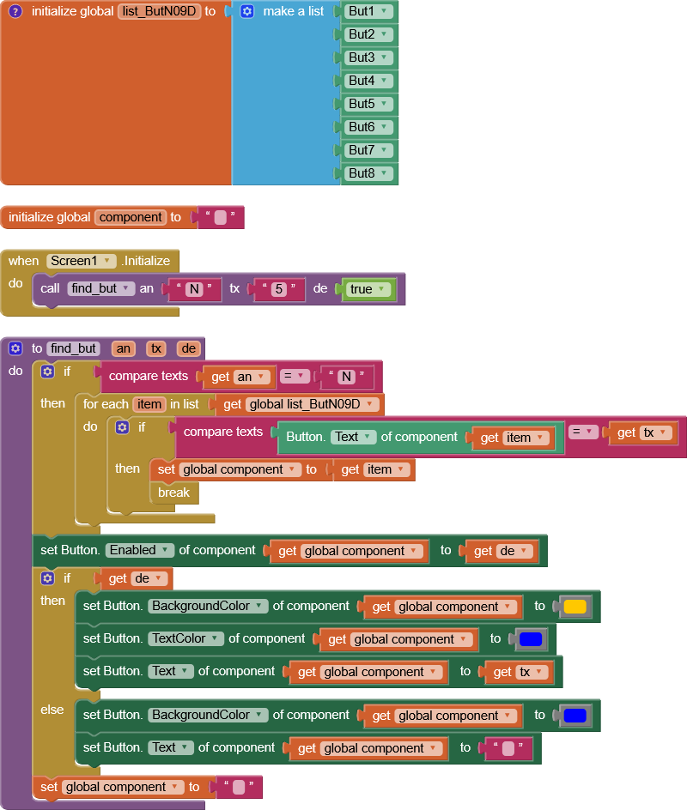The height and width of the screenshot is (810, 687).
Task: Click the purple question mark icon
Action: (15, 12)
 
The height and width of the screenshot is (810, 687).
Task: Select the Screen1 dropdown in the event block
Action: (81, 261)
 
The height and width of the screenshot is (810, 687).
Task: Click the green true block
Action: (368, 289)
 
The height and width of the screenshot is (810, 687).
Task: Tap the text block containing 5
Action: (278, 289)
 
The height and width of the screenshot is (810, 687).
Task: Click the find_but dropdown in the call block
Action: (102, 289)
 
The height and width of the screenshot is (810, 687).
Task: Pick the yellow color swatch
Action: (575, 607)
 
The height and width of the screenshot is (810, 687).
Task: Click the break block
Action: (173, 493)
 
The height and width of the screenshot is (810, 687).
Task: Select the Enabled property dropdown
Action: (140, 550)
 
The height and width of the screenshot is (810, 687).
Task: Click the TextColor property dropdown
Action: (185, 638)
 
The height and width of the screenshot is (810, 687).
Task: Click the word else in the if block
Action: (52, 710)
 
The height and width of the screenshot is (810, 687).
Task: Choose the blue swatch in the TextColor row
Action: (530, 639)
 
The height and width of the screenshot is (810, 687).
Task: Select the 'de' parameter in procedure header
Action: (188, 348)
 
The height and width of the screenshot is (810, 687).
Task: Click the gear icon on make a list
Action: (247, 12)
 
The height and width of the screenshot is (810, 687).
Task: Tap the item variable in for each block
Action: (149, 404)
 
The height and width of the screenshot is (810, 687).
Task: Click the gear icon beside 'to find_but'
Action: (15, 348)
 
